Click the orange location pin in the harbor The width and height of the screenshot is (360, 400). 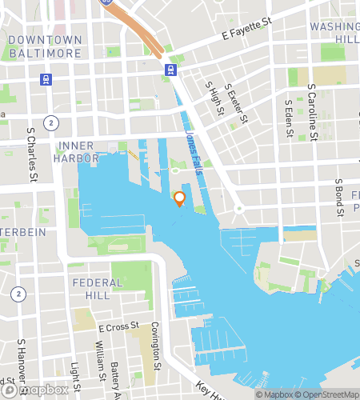tap(179, 198)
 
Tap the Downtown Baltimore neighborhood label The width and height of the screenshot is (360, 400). tap(46, 46)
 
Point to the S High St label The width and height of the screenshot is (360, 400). tap(211, 97)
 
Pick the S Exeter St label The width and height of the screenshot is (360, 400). tap(233, 102)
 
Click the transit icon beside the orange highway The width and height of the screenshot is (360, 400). tap(170, 70)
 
